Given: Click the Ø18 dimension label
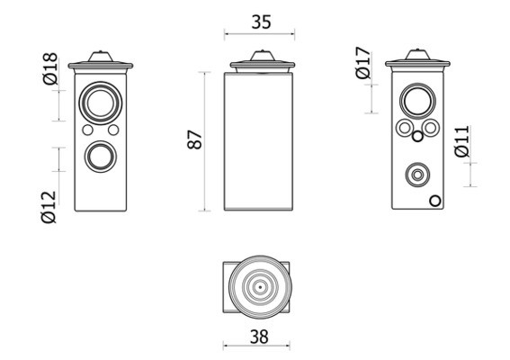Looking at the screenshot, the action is (50, 68).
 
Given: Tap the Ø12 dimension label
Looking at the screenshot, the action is (49, 207).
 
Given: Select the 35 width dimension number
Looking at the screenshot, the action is (261, 22).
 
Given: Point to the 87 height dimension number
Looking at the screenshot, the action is (195, 139).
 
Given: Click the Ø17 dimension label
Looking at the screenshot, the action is (363, 63).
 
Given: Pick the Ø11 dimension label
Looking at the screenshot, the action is (462, 141).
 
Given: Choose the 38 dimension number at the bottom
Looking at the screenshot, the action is (259, 337).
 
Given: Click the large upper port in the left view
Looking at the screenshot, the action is (101, 103).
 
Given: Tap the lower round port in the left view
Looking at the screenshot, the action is (101, 157).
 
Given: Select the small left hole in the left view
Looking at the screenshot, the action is (88, 130).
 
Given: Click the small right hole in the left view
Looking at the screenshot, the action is (113, 130).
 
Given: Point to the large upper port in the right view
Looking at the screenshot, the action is (417, 101).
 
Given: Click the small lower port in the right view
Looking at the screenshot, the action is (417, 175).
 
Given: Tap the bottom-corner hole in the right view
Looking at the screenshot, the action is (434, 201).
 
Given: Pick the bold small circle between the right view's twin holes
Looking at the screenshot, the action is (417, 137).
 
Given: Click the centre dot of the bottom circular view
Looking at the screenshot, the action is (260, 287).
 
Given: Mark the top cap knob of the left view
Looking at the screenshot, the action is (101, 57).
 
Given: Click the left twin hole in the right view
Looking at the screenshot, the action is (404, 128).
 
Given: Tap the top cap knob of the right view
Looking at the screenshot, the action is (417, 55).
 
